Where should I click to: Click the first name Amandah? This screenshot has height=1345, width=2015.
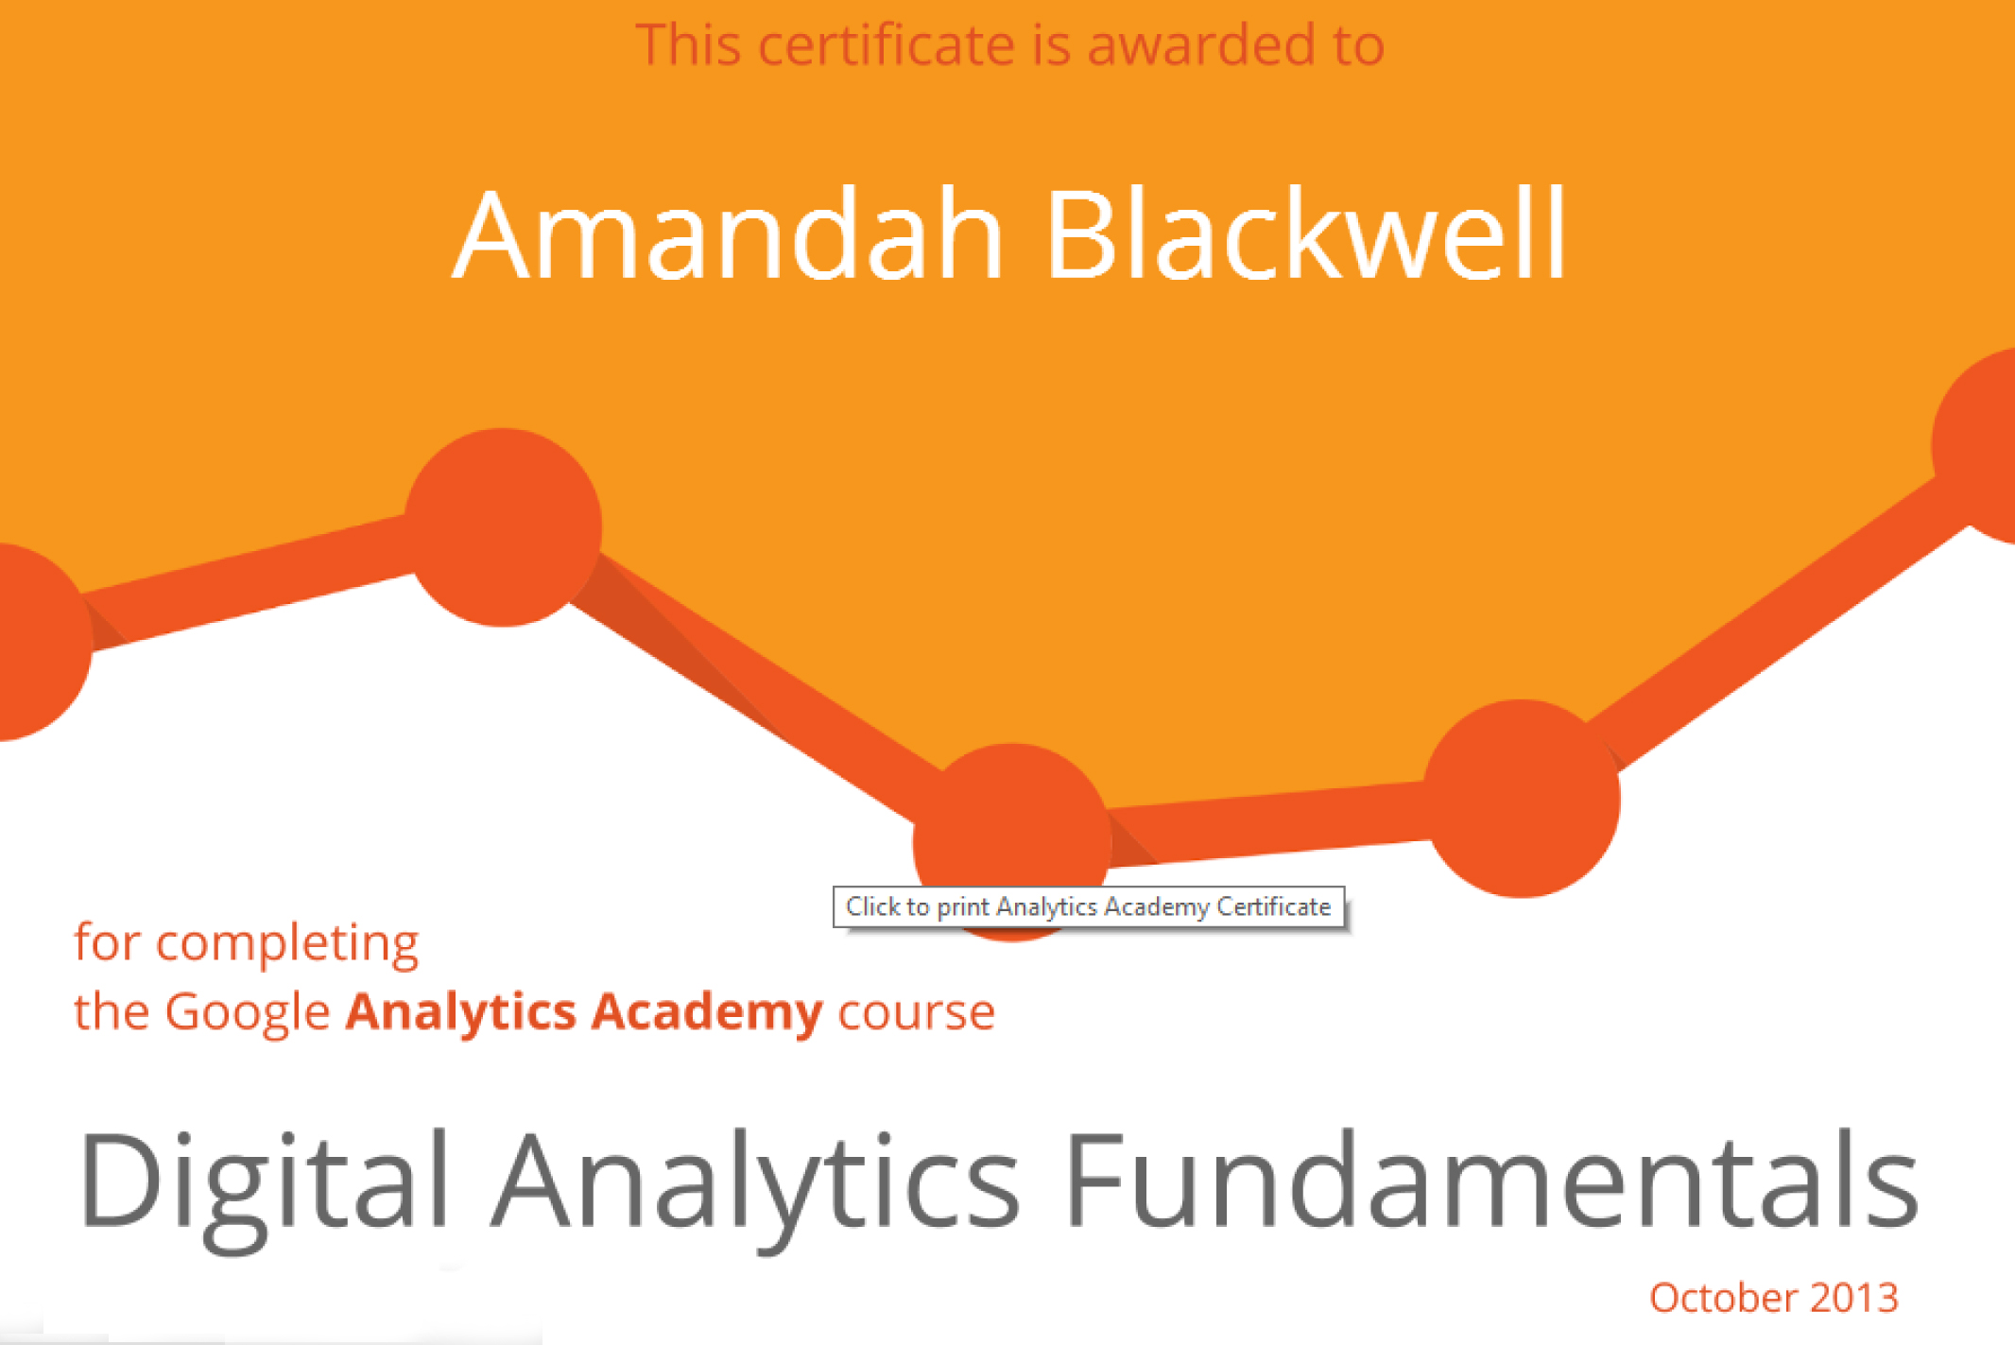click(728, 233)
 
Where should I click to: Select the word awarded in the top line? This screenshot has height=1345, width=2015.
click(1201, 44)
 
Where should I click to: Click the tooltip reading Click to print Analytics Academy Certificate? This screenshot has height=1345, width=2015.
click(1089, 907)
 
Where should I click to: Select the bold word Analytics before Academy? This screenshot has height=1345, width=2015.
click(461, 1013)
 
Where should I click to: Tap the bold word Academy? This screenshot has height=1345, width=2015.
click(707, 1013)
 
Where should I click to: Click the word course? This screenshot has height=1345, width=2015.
click(917, 1013)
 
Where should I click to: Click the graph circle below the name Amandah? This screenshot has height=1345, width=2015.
click(503, 527)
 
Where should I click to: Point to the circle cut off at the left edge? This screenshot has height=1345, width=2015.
click(38, 643)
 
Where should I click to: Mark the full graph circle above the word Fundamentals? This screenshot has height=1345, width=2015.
click(1522, 799)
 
